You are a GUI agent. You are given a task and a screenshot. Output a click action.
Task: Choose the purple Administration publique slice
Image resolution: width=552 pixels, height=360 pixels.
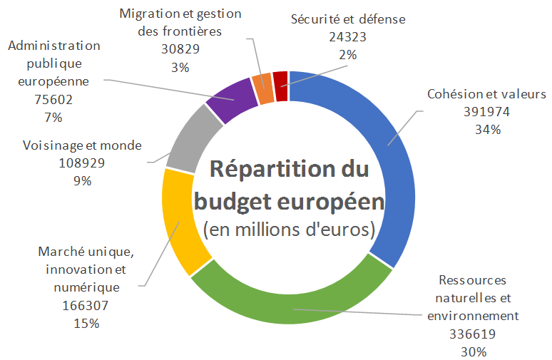(232, 100)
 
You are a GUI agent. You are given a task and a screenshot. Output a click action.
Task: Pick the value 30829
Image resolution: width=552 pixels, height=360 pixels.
(180, 50)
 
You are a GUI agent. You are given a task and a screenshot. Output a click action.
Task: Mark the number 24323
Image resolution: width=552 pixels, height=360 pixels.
(348, 37)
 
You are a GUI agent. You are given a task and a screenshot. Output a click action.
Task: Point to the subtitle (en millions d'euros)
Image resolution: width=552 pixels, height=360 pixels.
(288, 230)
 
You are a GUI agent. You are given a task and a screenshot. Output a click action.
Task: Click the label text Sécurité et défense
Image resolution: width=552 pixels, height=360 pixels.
(348, 19)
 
